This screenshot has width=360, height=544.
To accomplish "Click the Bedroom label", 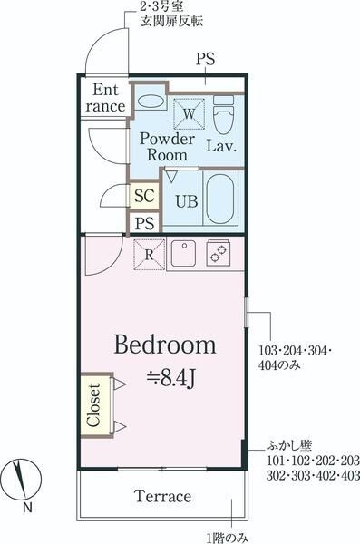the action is (165, 345).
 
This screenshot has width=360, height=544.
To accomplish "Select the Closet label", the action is (93, 405).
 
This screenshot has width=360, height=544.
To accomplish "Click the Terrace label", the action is (162, 496).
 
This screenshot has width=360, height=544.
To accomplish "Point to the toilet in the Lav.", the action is (223, 115).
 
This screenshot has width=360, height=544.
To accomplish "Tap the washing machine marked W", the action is (189, 114).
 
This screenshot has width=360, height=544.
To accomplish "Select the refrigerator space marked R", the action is (150, 255).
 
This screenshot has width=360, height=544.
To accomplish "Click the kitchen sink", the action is (182, 254).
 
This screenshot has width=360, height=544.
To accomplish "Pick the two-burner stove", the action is (219, 254).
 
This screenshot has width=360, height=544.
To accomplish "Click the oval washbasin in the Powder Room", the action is (151, 102).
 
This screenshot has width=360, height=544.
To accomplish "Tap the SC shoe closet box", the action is (144, 196).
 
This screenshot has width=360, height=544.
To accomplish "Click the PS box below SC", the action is (145, 223).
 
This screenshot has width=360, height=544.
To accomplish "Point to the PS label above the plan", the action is (206, 59).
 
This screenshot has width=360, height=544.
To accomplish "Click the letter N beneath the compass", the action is (27, 508).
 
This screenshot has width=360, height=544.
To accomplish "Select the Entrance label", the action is (105, 98).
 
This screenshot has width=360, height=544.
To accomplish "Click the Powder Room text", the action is (167, 147).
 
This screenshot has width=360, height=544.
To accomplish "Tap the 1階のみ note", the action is (228, 538).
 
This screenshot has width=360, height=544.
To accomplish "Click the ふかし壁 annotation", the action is (289, 445).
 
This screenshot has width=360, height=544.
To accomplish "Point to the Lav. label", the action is (221, 146).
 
